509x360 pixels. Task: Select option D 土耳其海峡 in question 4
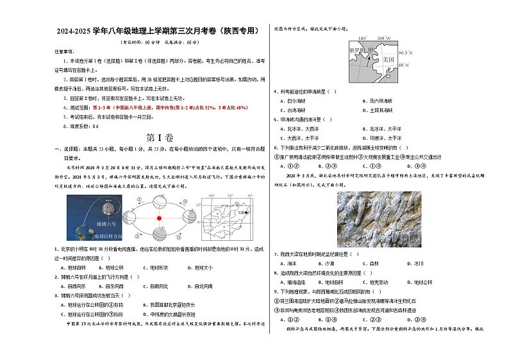click(381, 110)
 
